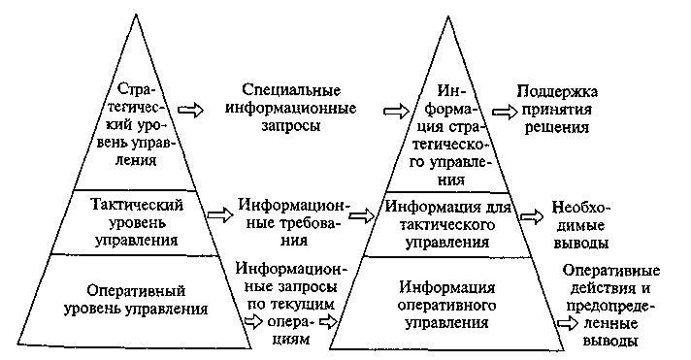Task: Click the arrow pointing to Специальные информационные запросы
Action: point(191,110)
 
